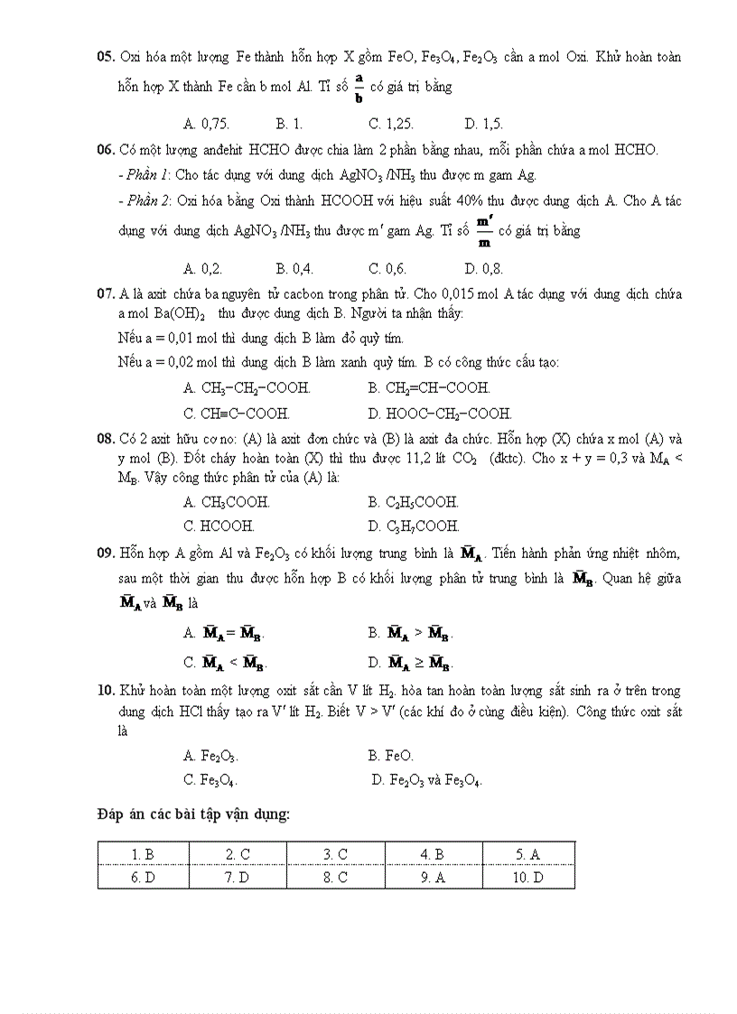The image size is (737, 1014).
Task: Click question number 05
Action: coord(106,57)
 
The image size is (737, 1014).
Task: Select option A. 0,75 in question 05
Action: coord(206,124)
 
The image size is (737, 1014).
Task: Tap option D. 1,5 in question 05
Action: coord(483,124)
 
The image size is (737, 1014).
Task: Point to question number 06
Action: coord(106,150)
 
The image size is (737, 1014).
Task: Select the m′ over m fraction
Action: coord(484,231)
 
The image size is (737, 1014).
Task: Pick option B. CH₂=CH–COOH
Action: coord(429,388)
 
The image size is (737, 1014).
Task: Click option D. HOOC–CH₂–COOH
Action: coord(440,414)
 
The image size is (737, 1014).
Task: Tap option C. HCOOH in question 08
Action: coord(219,526)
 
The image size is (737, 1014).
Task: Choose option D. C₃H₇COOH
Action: coord(414,526)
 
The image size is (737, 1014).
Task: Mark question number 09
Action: coord(106,553)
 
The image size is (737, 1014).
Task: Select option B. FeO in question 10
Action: coord(391,756)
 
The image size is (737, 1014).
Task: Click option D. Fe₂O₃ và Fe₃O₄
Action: coord(426,780)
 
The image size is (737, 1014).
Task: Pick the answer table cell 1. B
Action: coord(143,853)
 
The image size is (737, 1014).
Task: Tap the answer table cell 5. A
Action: coord(528,853)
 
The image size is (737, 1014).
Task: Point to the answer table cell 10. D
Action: coord(528,878)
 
